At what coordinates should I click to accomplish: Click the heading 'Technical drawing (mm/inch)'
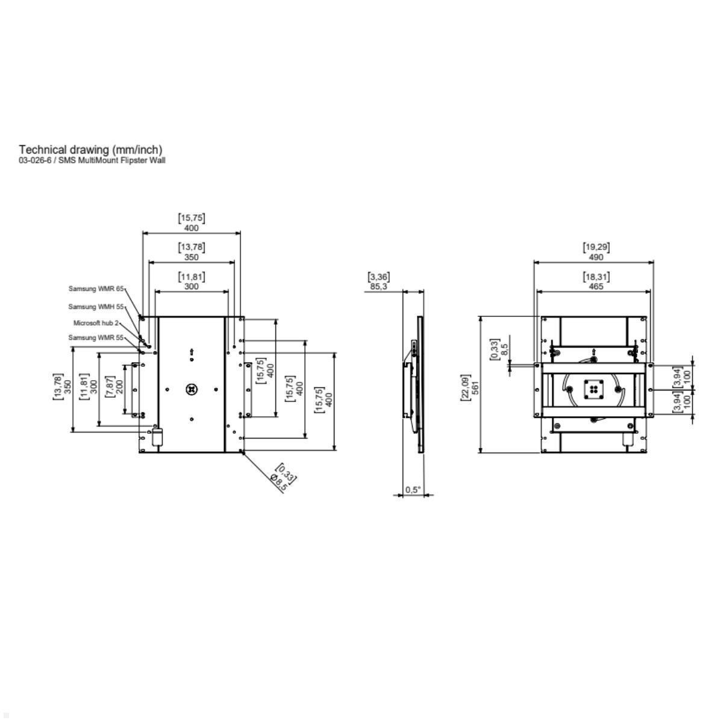[90, 149]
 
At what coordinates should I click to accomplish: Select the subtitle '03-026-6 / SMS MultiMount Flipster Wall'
[92, 160]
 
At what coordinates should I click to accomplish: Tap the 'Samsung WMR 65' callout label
[95, 289]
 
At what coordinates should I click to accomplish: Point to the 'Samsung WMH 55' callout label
[95, 307]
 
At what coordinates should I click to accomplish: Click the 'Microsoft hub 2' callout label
[96, 323]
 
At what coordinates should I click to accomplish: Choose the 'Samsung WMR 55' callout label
[95, 337]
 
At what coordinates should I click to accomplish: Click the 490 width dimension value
[596, 257]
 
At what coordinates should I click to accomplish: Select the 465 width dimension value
[596, 286]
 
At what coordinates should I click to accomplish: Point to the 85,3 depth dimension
[378, 286]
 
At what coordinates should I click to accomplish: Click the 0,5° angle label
[413, 490]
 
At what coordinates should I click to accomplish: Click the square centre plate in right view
[594, 389]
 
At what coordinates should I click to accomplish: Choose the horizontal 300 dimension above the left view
[191, 286]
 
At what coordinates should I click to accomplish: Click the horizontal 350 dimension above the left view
[191, 257]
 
